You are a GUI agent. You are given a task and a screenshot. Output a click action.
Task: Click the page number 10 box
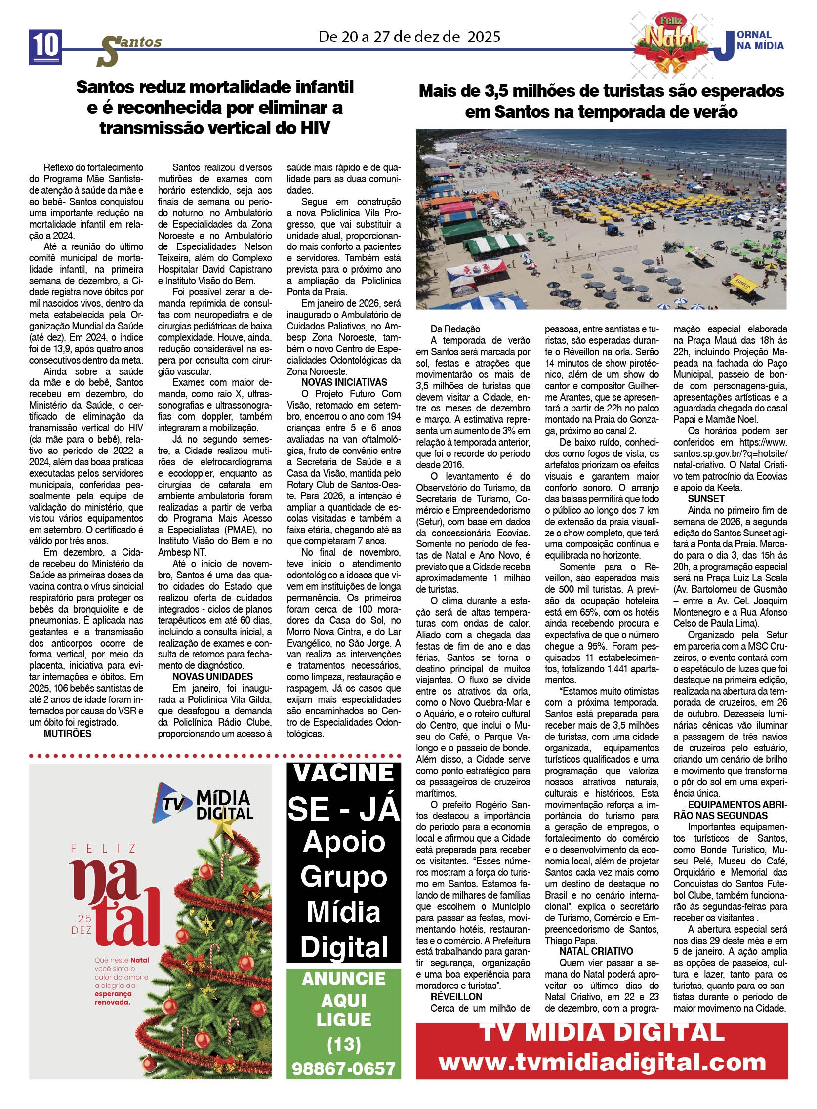45,46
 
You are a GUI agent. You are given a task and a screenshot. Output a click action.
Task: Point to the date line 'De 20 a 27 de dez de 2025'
409,37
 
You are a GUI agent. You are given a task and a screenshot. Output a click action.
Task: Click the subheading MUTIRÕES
67,734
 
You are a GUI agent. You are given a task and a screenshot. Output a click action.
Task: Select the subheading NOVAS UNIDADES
213,677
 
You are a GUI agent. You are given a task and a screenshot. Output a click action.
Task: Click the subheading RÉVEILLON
456,997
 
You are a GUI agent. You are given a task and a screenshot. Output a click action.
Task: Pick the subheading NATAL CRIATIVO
596,951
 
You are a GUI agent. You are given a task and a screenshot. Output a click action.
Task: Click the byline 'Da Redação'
455,329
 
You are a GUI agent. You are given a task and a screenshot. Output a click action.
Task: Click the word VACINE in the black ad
344,774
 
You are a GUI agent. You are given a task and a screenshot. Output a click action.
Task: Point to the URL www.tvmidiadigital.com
602,1062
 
